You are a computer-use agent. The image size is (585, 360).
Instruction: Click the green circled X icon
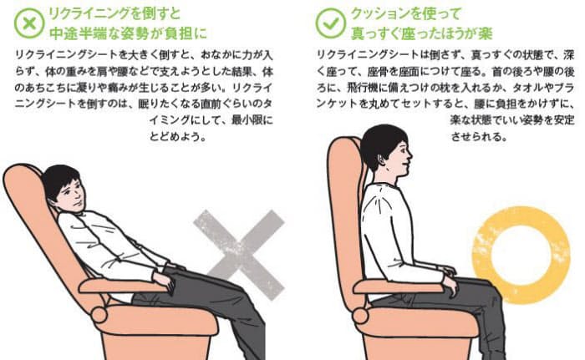point(29,23)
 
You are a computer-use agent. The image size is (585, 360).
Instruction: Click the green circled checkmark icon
point(330,23)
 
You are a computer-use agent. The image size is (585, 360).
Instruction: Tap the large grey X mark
point(239,254)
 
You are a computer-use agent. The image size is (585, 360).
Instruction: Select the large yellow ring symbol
point(521,255)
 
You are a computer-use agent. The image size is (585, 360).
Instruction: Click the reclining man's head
point(64,189)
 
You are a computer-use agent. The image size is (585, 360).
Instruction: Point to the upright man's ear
point(379,160)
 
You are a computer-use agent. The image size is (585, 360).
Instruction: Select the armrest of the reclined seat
point(123,286)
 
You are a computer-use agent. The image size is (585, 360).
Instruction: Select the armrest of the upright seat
point(399,287)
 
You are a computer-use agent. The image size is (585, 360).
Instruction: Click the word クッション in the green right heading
point(378,14)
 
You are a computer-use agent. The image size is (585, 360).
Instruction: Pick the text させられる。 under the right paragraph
point(479,136)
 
